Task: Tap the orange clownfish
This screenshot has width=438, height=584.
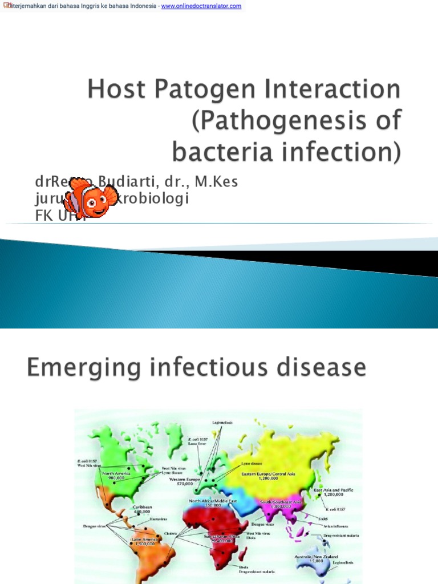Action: tap(90, 197)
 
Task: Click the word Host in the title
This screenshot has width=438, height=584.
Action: tap(115, 91)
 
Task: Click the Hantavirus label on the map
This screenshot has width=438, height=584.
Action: tap(159, 519)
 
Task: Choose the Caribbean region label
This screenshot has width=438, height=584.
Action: tap(143, 506)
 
